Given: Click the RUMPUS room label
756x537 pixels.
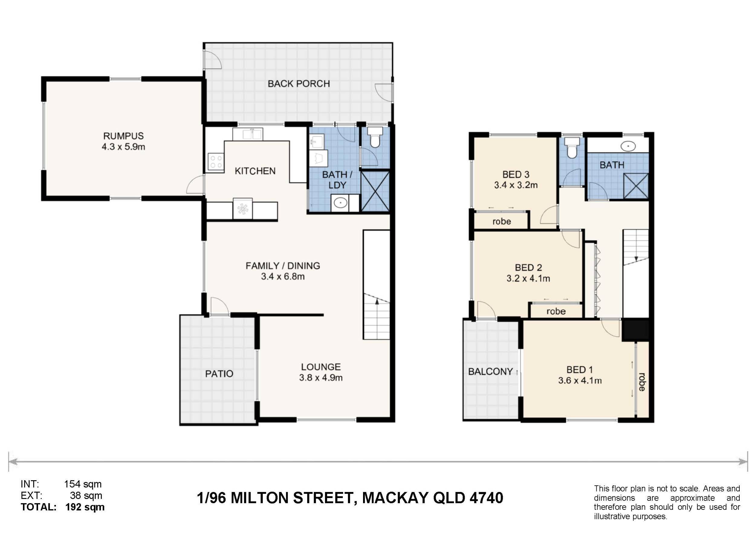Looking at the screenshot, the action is tap(123, 136).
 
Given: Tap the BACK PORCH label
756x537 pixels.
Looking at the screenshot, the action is tap(299, 84).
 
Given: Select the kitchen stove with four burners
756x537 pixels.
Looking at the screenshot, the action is tap(216, 162).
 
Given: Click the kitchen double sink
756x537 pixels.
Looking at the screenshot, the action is tap(248, 134).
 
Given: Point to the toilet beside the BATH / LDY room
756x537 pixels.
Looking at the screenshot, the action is tap(375, 137).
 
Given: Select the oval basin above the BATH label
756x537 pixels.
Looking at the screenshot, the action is tap(627, 146).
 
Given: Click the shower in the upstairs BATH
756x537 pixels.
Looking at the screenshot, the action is tap(636, 186).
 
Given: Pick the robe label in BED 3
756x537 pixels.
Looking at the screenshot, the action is tap(501, 221).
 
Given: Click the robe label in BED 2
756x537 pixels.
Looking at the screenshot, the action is tap(556, 311).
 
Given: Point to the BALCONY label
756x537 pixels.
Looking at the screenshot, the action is tap(490, 371).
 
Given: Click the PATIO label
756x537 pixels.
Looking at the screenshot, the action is tap(219, 374).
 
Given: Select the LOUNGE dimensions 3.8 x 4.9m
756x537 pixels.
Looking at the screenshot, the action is tap(321, 378).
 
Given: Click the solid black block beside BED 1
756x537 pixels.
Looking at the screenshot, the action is tap(636, 330).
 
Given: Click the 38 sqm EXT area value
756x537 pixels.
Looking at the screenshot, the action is tap(86, 496).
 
